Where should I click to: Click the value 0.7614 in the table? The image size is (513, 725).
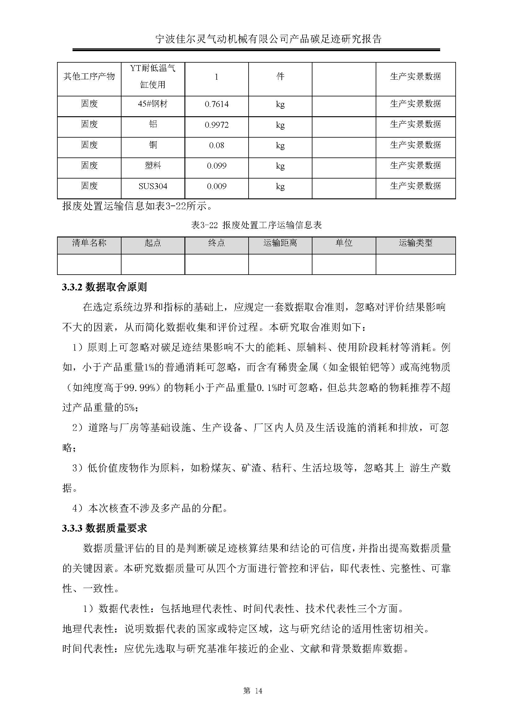tap(216, 104)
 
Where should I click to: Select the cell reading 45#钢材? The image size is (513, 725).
tap(153, 104)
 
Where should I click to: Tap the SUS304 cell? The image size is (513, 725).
tap(153, 186)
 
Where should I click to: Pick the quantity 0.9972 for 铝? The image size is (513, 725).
tap(216, 125)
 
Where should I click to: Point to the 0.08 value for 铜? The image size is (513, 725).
tap(216, 145)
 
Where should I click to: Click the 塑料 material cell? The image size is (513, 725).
tap(153, 166)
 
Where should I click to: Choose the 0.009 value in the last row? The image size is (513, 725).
tap(216, 186)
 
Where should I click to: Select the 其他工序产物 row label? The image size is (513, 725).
tap(89, 77)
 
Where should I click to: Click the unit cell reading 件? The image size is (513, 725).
tap(280, 77)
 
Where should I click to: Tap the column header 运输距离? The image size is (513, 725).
tap(280, 243)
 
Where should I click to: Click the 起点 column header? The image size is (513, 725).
tap(153, 243)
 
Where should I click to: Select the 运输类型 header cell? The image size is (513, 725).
tap(415, 243)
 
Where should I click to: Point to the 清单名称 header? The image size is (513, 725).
tap(89, 243)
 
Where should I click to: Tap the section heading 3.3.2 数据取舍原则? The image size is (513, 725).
tap(104, 287)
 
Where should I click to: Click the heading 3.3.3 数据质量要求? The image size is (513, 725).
tap(104, 528)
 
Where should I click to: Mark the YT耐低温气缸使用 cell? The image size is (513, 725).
tap(153, 77)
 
